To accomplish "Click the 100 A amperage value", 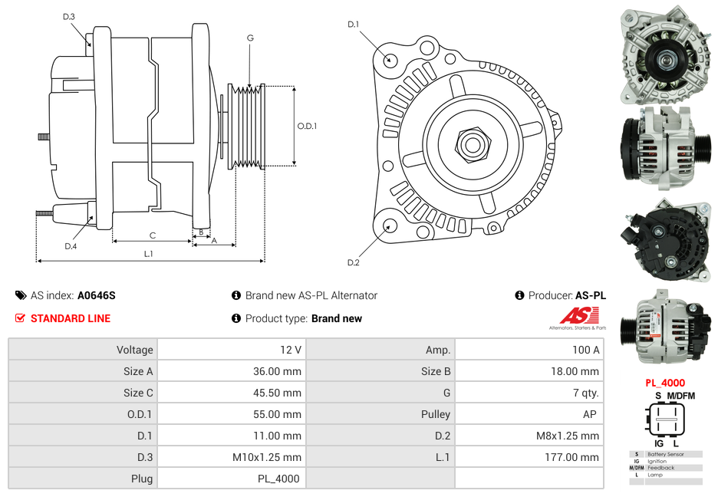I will (x=585, y=350).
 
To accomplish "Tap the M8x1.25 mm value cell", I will (x=568, y=436).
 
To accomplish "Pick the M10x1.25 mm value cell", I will (x=267, y=457).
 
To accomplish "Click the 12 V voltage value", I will (x=290, y=350).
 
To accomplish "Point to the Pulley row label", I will (x=436, y=414).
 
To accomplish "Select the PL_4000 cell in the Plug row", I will (x=278, y=479).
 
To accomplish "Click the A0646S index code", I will (x=97, y=295).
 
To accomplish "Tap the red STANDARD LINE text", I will (x=71, y=318).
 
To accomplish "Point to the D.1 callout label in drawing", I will (x=353, y=25).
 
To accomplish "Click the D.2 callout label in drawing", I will (x=353, y=263).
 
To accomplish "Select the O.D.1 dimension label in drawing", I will (x=307, y=127).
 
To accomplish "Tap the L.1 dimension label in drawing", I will (x=149, y=254).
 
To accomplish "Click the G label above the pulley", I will (x=250, y=38).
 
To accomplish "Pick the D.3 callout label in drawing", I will (x=69, y=17).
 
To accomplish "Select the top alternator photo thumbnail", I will (x=664, y=55).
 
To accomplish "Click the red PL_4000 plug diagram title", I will (x=665, y=383).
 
